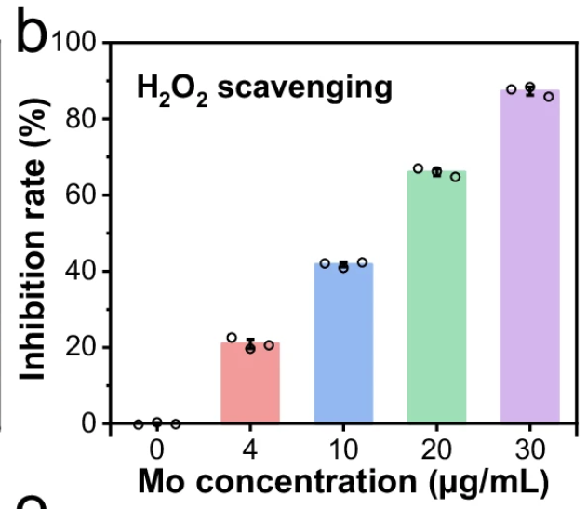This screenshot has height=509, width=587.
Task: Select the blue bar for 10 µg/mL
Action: coord(343,343)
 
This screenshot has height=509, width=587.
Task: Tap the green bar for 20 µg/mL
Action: coord(436,298)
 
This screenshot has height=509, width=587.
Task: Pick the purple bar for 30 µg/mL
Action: coord(529,257)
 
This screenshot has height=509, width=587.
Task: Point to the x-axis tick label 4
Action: coord(250,449)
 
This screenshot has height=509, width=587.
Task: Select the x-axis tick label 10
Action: coord(343,449)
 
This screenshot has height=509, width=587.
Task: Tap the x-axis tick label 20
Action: coord(436,449)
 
